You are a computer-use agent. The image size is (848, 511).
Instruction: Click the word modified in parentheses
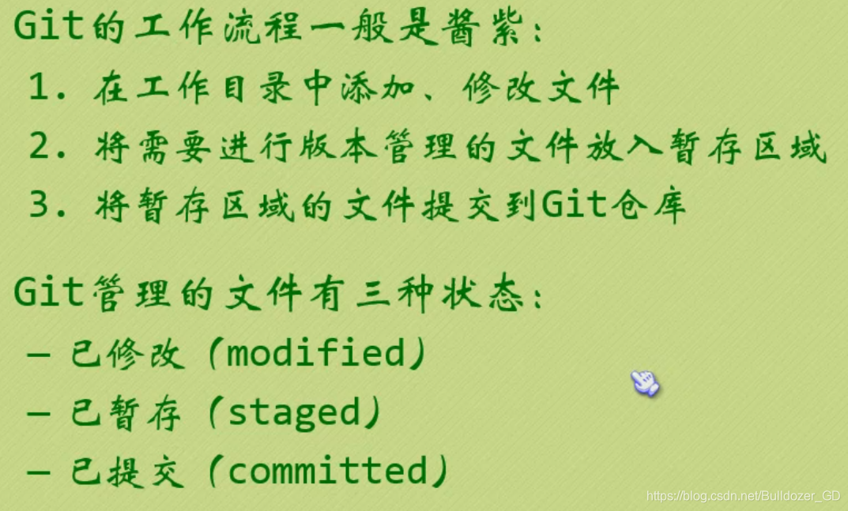[x=316, y=353]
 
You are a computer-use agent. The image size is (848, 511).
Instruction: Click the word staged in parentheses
[x=294, y=412]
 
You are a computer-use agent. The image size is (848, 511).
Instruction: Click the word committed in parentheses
[x=327, y=471]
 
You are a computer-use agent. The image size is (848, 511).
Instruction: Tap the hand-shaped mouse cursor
[x=644, y=383]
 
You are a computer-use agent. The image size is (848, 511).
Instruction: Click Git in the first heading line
[x=48, y=28]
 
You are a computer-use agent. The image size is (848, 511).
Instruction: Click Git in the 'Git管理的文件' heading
[x=48, y=293]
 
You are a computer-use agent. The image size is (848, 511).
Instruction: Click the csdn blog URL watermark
[x=743, y=496]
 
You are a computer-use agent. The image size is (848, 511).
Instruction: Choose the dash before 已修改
[x=38, y=354]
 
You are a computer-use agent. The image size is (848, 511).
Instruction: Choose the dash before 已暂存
[x=38, y=413]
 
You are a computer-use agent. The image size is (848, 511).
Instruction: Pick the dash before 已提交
[x=38, y=472]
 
